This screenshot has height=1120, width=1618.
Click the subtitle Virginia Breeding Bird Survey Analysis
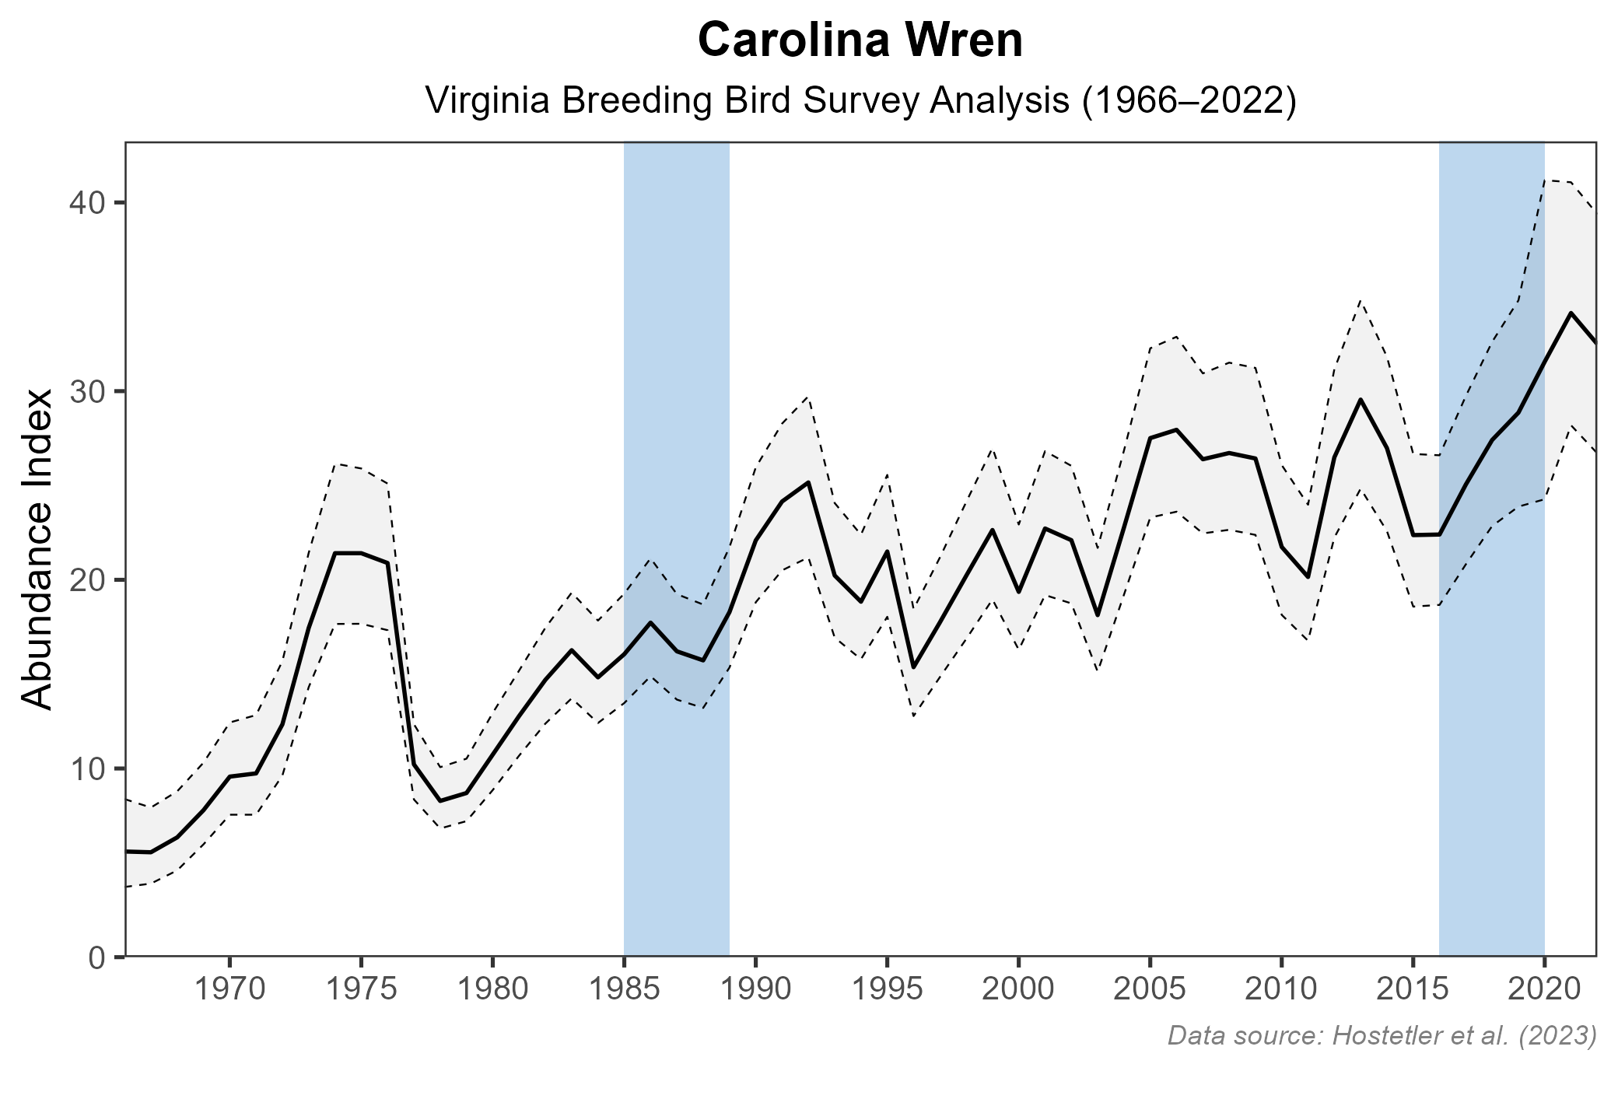[860, 102]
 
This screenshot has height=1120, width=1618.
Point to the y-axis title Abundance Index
[37, 549]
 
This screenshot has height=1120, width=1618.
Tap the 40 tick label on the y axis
[87, 203]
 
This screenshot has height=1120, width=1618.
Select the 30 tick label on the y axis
[87, 391]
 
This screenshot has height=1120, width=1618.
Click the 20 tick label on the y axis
[87, 580]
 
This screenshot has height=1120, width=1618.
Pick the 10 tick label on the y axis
[87, 768]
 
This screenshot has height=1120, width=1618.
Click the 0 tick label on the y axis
[96, 957]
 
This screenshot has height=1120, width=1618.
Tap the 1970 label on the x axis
[229, 990]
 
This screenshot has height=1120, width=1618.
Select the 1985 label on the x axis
[624, 990]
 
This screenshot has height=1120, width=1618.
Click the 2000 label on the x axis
[1018, 990]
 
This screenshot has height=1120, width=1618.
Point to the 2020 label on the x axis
[1544, 990]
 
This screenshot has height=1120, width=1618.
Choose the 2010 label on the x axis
[1281, 990]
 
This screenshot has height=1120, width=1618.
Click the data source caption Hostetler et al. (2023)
[1382, 1035]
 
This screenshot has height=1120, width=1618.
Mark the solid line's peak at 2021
[1571, 313]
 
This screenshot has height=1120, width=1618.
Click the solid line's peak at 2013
[1360, 399]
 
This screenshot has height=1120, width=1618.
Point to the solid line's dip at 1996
[913, 667]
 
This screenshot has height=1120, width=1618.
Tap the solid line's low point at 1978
[440, 801]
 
